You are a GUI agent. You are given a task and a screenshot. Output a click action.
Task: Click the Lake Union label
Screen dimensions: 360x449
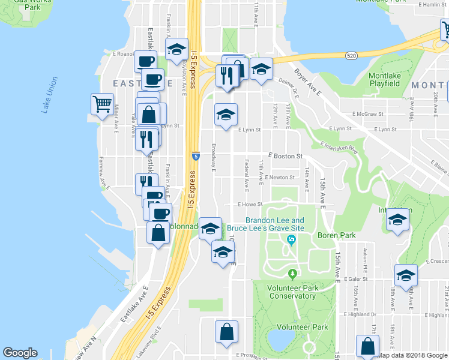(49, 95)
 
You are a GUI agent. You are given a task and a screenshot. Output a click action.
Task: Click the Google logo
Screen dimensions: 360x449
(20, 353)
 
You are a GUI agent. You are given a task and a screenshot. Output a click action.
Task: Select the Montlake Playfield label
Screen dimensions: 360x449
(384, 80)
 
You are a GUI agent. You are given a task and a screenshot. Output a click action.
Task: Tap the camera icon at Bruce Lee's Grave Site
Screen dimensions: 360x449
(292, 241)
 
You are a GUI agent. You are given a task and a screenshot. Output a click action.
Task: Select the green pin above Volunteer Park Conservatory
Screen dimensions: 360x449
(292, 274)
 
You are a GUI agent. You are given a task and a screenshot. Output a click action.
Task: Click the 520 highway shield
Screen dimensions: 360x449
(352, 56)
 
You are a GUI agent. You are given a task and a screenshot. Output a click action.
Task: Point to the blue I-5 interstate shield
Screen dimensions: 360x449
(196, 156)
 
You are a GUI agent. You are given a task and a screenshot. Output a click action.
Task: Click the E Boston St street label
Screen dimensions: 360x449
(285, 156)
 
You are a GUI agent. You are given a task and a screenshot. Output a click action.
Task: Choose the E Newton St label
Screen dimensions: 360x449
(279, 177)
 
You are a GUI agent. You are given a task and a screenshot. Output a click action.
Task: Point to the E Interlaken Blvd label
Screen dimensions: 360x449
(339, 148)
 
